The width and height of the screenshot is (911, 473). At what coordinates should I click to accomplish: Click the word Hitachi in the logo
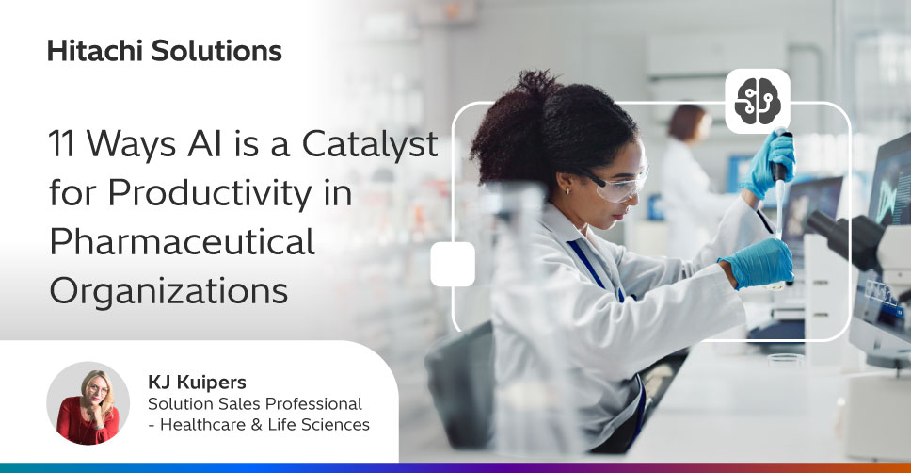(95, 51)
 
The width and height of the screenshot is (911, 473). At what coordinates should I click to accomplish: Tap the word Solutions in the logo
(216, 51)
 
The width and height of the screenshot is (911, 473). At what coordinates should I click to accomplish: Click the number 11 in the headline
(61, 144)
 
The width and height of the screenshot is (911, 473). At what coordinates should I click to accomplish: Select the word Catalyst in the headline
(370, 144)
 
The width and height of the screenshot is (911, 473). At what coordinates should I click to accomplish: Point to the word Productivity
(210, 194)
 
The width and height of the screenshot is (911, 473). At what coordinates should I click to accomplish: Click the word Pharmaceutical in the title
(183, 241)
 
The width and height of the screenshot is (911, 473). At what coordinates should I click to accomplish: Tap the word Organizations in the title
(168, 290)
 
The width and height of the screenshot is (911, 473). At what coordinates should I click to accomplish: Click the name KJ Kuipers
(197, 383)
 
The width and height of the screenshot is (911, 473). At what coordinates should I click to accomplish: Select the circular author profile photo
(88, 403)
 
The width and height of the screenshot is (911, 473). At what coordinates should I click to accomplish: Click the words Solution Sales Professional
(254, 404)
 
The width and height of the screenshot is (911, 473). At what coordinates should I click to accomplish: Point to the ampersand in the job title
(256, 425)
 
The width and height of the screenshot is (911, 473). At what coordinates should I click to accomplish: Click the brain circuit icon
(758, 101)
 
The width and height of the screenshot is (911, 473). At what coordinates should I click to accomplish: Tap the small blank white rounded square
(453, 265)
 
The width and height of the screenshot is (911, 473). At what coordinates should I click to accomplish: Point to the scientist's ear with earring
(566, 184)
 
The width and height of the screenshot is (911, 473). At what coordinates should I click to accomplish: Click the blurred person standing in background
(689, 180)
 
